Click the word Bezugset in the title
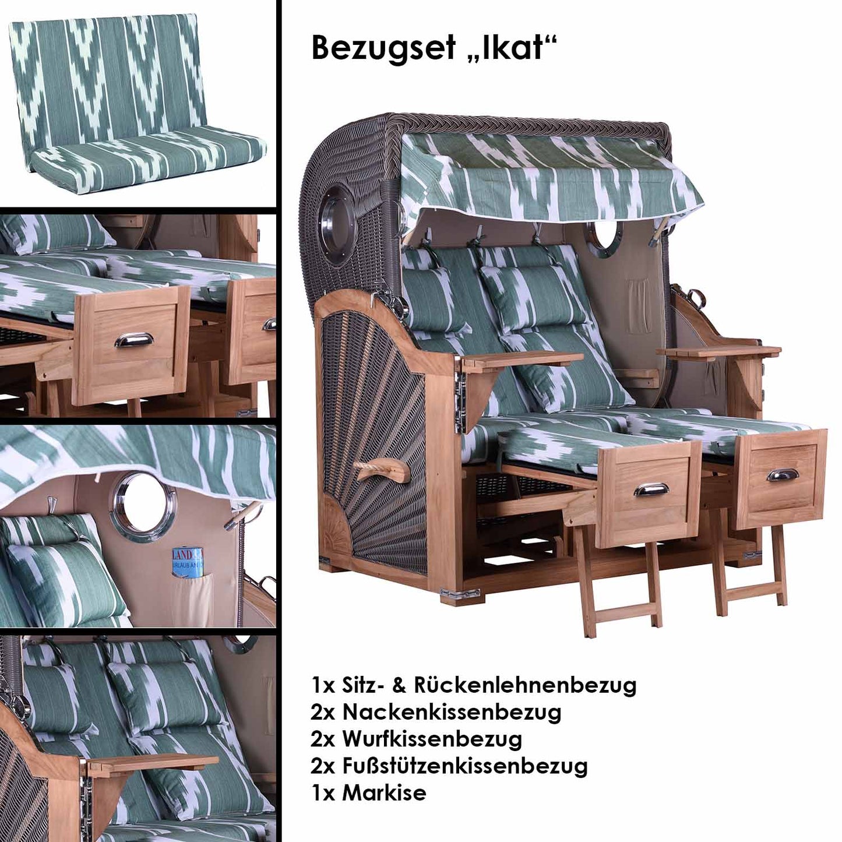coord(383,50)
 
